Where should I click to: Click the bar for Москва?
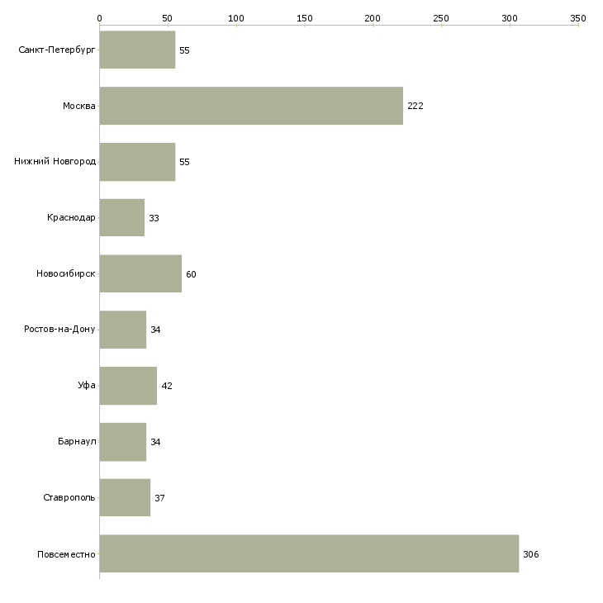click(x=251, y=106)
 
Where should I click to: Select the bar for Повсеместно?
click(x=309, y=553)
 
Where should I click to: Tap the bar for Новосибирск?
click(x=140, y=273)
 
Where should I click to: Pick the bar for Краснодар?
click(x=122, y=217)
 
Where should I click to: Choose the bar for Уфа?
click(x=128, y=386)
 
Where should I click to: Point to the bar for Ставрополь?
click(x=125, y=497)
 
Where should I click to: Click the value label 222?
click(x=415, y=106)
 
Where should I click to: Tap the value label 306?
click(x=530, y=554)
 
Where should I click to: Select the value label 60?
click(x=191, y=274)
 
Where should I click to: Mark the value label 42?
click(x=167, y=386)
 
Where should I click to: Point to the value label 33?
click(x=154, y=218)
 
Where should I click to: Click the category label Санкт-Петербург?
click(x=57, y=50)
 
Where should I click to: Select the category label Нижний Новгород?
click(x=55, y=161)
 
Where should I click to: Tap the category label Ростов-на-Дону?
click(x=59, y=330)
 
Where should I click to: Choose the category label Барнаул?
click(x=77, y=441)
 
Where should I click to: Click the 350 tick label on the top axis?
click(x=578, y=18)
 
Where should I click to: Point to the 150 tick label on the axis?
click(x=305, y=18)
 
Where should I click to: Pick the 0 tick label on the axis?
click(x=100, y=18)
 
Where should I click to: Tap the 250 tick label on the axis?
click(x=441, y=18)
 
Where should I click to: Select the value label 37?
click(x=159, y=498)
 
